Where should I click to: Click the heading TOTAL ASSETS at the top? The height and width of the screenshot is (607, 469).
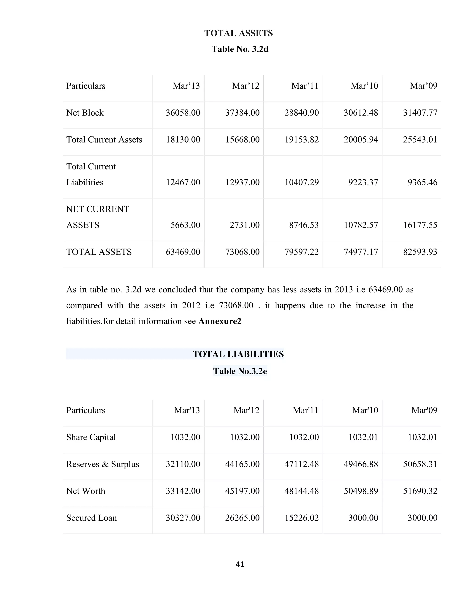point(238,33)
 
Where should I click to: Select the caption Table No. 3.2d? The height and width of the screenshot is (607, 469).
point(240,49)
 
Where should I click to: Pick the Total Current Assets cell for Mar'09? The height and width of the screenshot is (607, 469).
point(420,139)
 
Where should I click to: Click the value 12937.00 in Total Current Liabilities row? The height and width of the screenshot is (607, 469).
point(242,182)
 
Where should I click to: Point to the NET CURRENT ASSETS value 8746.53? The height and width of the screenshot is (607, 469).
point(304,225)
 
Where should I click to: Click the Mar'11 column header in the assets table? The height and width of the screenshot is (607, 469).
point(305,86)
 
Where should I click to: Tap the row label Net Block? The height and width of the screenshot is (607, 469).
point(85,113)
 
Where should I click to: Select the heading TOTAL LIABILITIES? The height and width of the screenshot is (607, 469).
point(238,354)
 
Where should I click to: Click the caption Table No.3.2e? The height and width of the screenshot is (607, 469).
point(240,371)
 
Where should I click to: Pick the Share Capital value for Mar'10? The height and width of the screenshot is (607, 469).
point(363,437)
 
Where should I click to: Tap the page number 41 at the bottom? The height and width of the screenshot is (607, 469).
point(240,564)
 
